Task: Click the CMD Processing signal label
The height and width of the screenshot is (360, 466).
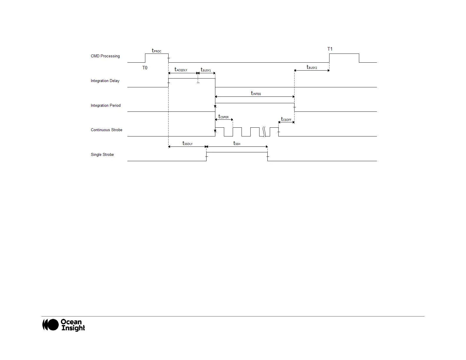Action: click(105, 56)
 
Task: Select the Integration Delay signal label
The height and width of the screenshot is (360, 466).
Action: click(105, 81)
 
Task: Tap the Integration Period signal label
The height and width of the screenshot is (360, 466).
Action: click(106, 106)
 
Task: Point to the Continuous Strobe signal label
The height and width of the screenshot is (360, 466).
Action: click(106, 130)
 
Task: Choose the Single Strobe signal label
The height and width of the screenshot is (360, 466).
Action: click(102, 155)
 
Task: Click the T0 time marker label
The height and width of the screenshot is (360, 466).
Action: click(145, 68)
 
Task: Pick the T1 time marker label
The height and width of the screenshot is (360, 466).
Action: click(330, 49)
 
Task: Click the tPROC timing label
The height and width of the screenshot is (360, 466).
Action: click(157, 51)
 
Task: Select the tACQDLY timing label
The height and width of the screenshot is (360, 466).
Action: click(181, 70)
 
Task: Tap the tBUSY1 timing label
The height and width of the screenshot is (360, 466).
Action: click(206, 70)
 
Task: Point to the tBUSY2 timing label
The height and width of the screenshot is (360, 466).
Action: click(312, 67)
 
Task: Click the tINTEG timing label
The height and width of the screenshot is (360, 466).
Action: click(256, 93)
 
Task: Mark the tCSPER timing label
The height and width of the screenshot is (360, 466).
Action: click(223, 117)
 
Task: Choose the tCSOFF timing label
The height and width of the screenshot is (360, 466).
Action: click(286, 119)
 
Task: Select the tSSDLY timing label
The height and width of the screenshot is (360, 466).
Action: click(187, 144)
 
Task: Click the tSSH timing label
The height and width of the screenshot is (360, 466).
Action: click(237, 144)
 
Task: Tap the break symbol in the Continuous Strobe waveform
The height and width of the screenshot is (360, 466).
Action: click(264, 132)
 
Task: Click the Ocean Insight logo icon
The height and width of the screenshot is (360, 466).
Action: click(50, 325)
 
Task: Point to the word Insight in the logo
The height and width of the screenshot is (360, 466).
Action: click(73, 328)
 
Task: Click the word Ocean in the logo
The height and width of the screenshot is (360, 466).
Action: click(71, 322)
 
